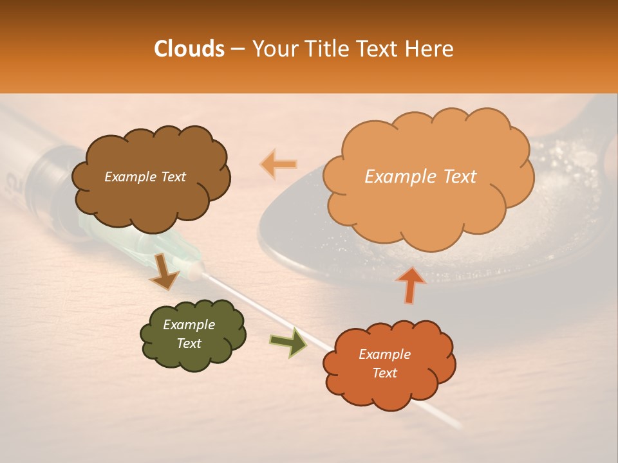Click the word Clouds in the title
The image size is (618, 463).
click(x=189, y=49)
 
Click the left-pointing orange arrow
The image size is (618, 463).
click(x=277, y=164)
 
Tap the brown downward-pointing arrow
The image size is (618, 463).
click(x=164, y=272)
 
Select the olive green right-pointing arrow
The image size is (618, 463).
click(x=288, y=342)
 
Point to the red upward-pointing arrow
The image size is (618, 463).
click(x=410, y=284)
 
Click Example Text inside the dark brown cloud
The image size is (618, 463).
click(x=145, y=177)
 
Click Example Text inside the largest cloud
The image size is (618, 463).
click(x=420, y=177)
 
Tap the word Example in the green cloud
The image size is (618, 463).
click(x=189, y=325)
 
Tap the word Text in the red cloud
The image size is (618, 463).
click(x=384, y=373)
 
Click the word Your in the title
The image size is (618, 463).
click(x=271, y=49)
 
